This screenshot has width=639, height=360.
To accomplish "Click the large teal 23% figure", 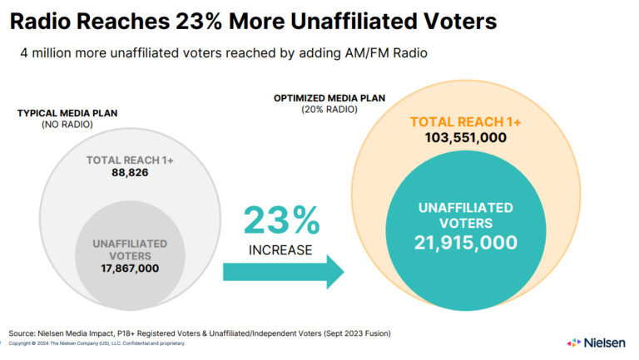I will click(x=281, y=221).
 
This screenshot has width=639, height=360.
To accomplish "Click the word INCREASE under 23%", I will click(x=280, y=249).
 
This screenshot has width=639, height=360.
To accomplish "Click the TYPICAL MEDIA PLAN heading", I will click(x=67, y=113).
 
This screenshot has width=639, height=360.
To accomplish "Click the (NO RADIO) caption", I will click(x=67, y=125).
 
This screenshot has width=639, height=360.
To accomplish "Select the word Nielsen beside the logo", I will click(x=606, y=342).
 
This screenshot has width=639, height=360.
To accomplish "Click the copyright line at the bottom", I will click(x=97, y=343).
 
